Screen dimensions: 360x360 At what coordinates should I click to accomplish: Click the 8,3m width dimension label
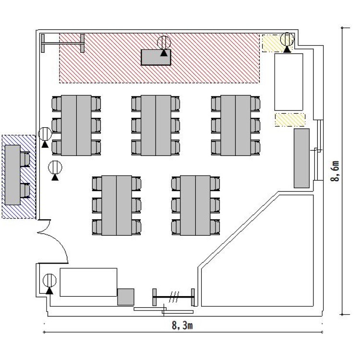click(182, 325)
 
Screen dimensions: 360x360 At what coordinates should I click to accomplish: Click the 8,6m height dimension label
click(335, 171)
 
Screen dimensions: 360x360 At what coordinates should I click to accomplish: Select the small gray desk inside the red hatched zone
click(156, 58)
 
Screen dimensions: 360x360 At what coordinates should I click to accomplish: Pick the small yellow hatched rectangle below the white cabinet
click(290, 120)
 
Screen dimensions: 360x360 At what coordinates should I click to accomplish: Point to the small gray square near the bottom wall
click(126, 297)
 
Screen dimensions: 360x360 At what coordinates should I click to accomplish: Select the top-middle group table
click(156, 125)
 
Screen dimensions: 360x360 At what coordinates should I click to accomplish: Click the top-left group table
click(76, 125)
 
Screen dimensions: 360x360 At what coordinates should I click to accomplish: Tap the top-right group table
click(236, 125)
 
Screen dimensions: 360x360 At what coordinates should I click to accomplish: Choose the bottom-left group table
click(117, 205)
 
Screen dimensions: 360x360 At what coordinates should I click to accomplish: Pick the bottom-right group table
click(195, 205)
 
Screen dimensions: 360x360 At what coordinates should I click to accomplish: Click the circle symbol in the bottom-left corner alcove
click(49, 280)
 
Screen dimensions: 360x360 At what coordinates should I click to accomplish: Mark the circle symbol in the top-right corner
click(287, 39)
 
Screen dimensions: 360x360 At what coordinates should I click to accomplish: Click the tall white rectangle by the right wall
click(289, 82)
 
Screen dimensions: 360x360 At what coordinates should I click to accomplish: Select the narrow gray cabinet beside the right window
click(302, 158)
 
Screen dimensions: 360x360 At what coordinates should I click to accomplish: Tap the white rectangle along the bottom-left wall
click(88, 282)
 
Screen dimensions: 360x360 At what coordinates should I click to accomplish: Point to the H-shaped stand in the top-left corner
click(62, 43)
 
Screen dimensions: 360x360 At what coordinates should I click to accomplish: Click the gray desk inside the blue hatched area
click(12, 175)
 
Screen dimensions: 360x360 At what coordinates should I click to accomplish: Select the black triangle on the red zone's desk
click(164, 53)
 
